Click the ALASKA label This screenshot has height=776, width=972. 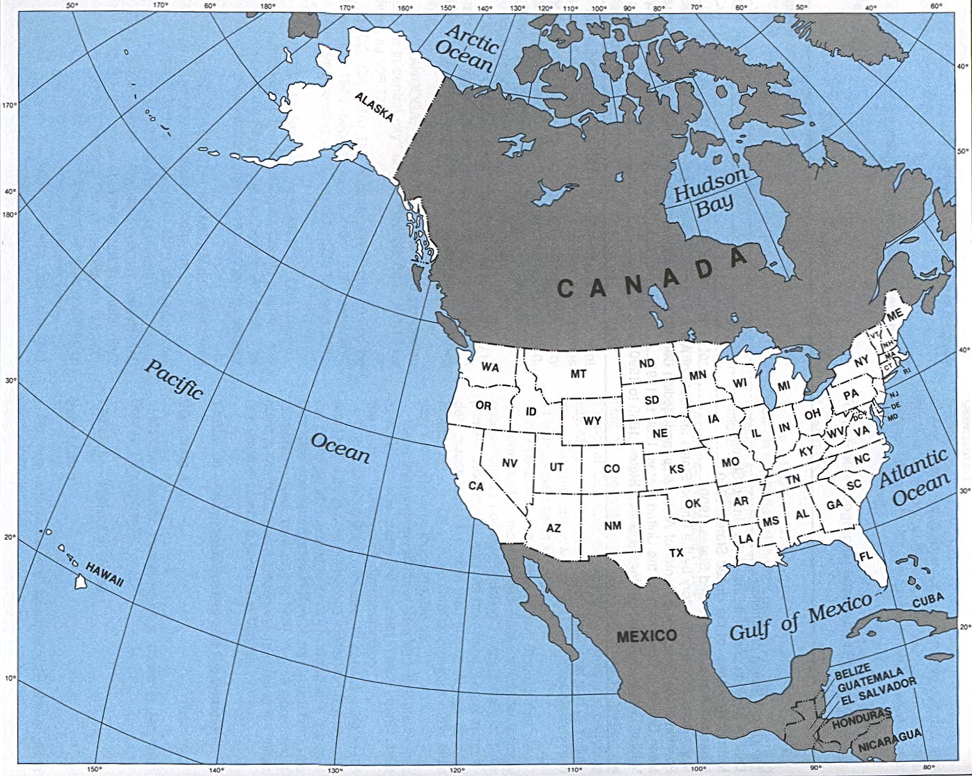coord(374,107)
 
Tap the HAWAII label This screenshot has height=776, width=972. coord(105,575)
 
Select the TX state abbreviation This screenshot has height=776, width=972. coord(676,552)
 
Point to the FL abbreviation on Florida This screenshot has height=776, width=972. coord(865,557)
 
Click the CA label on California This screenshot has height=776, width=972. coord(476,486)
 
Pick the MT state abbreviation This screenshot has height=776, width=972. coord(579,374)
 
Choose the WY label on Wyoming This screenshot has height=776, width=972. coord(592,421)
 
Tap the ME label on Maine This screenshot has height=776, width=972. coord(895,315)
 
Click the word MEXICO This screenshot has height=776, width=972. coord(646,635)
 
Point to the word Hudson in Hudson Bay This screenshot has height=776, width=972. coord(710,184)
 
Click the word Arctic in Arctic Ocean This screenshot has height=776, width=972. coord(472,38)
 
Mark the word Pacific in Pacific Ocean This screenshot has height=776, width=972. coord(173,378)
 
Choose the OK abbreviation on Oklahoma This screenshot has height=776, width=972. coord(693,503)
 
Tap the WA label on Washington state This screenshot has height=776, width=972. coord(490,367)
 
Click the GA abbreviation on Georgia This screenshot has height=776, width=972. coord(835,505)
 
